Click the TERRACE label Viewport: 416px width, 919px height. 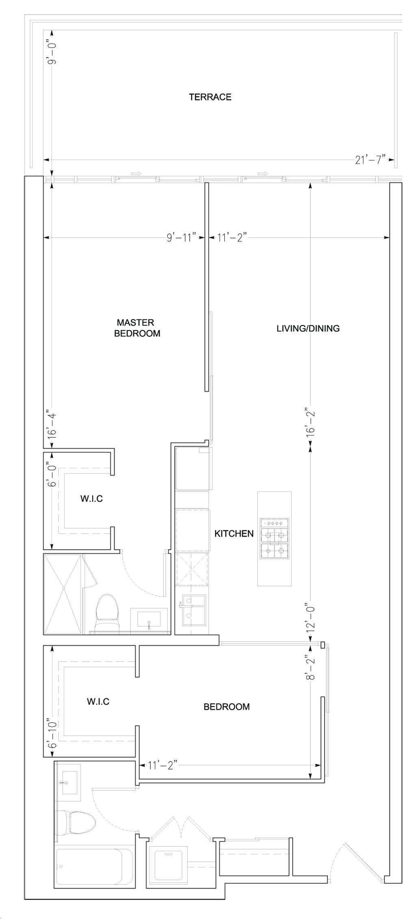(210, 97)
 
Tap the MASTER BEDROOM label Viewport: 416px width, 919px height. (137, 328)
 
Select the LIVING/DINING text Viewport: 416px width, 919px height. (308, 328)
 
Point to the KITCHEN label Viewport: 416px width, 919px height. (234, 534)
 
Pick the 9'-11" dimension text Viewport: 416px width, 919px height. (181, 237)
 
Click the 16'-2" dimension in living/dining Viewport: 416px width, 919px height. (311, 425)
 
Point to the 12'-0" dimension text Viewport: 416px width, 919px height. (311, 618)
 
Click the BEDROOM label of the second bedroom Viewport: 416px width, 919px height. (226, 707)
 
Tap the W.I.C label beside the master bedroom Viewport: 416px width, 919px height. (91, 499)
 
